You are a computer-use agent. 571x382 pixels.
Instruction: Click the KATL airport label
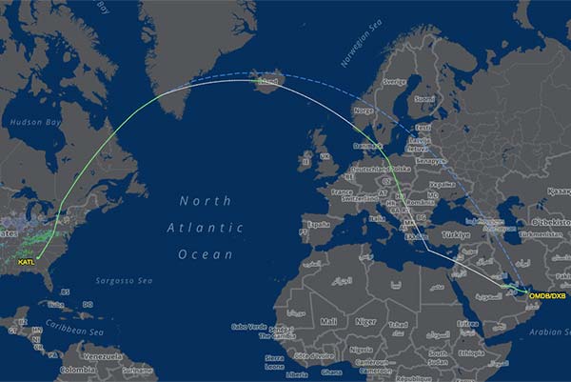[x=27, y=261]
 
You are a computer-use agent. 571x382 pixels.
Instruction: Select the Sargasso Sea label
[x=127, y=281]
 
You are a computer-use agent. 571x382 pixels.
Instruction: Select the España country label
[x=318, y=225]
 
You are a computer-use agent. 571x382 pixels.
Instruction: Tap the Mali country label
[x=329, y=321]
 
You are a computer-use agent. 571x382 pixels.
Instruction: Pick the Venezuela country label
[x=102, y=357]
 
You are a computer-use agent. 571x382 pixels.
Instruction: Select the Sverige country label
[x=394, y=82]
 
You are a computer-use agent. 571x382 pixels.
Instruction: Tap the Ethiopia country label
[x=490, y=351]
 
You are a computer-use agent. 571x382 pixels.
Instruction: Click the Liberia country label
[x=297, y=374]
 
